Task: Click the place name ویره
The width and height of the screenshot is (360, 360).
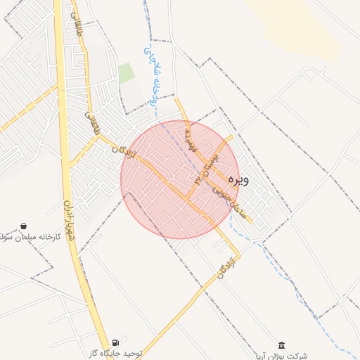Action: [x=238, y=180]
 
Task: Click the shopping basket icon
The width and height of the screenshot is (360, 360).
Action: [x=25, y=227]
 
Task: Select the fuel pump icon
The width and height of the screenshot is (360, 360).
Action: [x=115, y=342]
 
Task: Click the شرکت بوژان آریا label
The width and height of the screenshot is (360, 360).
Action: [x=281, y=356]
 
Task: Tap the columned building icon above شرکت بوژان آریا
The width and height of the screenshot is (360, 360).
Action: [x=281, y=345]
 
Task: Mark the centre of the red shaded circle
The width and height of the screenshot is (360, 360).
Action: [x=180, y=179]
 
